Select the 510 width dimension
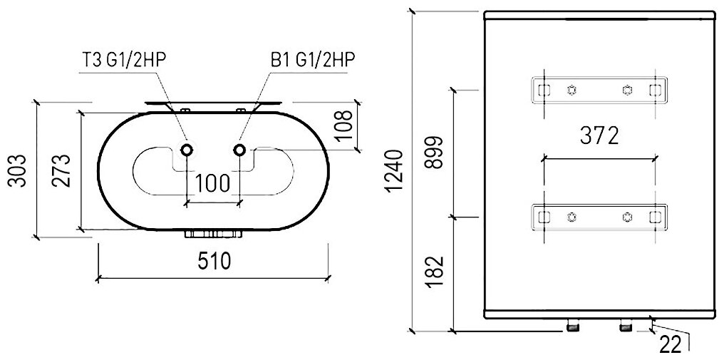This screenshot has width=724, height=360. click(213, 261)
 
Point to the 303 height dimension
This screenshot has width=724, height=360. click(21, 170)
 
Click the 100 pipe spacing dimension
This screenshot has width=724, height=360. click(212, 184)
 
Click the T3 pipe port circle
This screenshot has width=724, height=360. click(187, 150)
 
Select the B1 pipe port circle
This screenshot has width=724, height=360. click(239, 150)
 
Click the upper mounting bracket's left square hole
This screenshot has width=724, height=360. click(543, 90)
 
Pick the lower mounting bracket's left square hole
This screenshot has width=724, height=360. click(543, 217)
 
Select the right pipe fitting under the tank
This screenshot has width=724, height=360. click(626, 326)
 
